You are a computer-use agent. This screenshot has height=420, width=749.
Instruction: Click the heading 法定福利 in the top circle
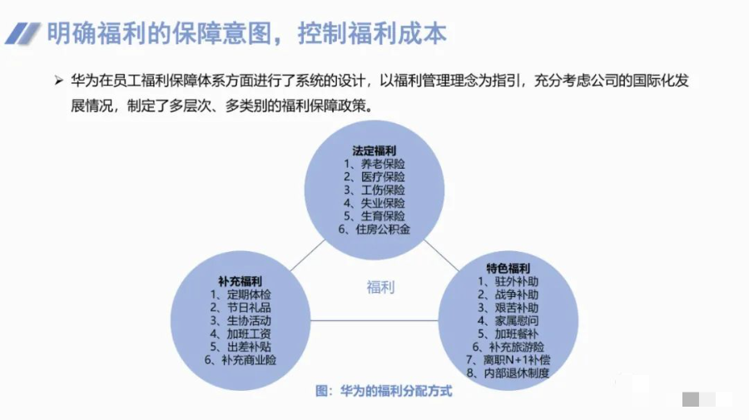(x=374, y=151)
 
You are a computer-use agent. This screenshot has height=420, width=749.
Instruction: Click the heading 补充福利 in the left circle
(x=241, y=281)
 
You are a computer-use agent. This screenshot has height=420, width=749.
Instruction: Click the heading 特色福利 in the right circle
(x=508, y=268)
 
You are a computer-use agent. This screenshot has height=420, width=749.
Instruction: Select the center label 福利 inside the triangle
(x=380, y=288)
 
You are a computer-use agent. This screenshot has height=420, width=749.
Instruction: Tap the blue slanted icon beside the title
(x=22, y=33)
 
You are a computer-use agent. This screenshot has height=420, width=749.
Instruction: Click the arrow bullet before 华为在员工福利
(x=57, y=81)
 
